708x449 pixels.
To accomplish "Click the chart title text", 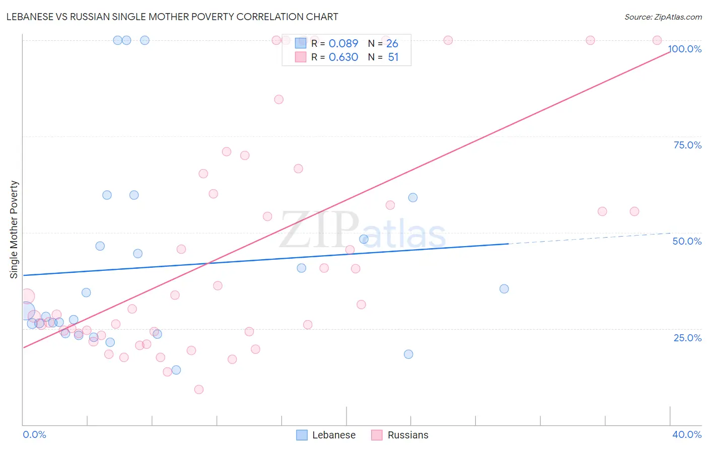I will tap(172, 17).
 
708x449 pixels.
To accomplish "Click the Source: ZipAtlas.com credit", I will tap(663, 17).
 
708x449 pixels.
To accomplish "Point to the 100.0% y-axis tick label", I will tap(685, 49).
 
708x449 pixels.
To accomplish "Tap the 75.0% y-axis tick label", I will tap(687, 145).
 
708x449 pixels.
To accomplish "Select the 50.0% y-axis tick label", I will tap(687, 241).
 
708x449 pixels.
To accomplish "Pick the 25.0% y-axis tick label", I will tap(687, 338).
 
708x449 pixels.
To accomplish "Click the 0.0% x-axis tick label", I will tap(34, 434).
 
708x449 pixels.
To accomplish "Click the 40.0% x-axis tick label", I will tap(686, 434).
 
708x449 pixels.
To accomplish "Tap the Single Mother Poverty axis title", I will tap(14, 230).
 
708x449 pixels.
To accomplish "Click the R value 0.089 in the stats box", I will tap(343, 44).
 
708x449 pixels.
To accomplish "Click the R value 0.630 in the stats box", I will tap(343, 57).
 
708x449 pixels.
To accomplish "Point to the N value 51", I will tap(393, 57).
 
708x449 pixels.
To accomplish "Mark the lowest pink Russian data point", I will tap(199, 389).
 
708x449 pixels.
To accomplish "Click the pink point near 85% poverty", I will tap(279, 99).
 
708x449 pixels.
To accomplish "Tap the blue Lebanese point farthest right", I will tap(504, 288).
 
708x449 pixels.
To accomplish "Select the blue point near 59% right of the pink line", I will tap(413, 197).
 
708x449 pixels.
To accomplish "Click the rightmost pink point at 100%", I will tap(657, 40).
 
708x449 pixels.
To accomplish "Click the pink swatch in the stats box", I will tap(301, 57).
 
